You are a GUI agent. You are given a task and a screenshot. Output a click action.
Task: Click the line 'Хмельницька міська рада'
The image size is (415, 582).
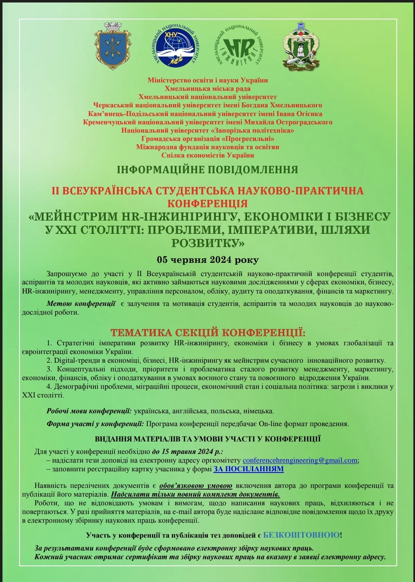[207, 88]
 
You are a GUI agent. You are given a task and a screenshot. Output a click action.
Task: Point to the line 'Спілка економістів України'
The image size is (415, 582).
[207, 155]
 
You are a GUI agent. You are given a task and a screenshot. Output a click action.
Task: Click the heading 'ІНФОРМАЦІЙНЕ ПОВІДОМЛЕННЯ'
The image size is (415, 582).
[207, 170]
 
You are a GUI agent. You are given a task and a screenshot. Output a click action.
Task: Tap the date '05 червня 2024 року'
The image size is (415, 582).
[207, 260]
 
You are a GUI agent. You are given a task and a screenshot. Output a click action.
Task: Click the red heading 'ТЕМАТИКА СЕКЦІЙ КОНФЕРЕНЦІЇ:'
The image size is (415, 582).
[207, 333]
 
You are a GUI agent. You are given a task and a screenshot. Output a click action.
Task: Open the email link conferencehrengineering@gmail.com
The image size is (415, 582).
[300, 461]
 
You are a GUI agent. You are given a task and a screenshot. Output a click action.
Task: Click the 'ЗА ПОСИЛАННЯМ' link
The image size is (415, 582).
[249, 469]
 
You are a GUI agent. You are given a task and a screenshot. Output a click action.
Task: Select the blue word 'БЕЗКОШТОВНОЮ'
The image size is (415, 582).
[301, 535]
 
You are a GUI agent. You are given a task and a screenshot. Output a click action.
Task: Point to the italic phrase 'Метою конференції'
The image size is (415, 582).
[81, 304]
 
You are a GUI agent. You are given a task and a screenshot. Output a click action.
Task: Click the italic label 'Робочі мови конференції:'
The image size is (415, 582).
[89, 411]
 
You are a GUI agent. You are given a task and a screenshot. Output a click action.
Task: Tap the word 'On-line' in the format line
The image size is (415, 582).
[270, 424]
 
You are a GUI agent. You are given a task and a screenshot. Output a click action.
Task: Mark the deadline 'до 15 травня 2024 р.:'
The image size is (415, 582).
[187, 452]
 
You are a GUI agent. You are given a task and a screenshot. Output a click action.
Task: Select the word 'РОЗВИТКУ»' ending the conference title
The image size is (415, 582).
[207, 243]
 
